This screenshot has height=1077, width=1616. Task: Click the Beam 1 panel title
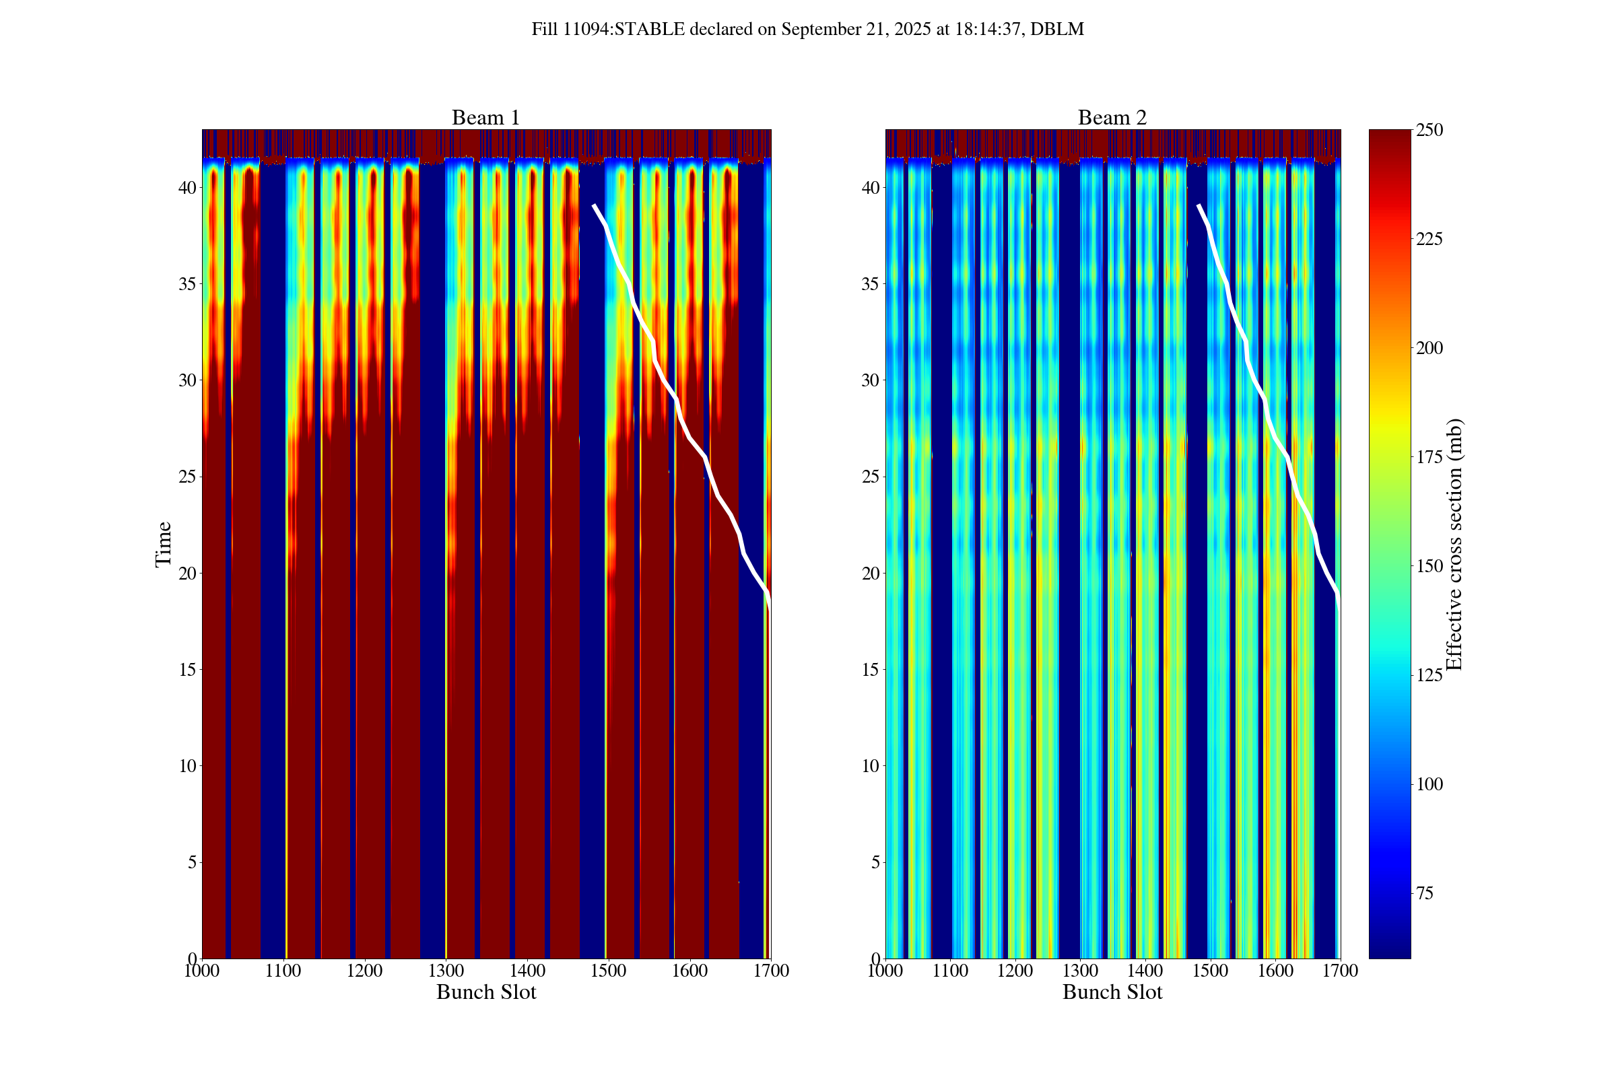click(x=485, y=117)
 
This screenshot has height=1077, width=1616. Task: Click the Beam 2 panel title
click(x=1112, y=117)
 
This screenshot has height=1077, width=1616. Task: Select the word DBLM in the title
click(x=1056, y=30)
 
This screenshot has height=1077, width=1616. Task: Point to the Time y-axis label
click(x=164, y=544)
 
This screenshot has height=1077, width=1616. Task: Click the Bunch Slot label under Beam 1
click(x=485, y=992)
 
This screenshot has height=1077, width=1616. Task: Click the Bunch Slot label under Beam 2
click(x=1112, y=992)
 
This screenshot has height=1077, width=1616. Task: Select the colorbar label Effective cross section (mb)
click(x=1454, y=544)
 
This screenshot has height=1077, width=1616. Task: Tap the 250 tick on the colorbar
click(x=1429, y=130)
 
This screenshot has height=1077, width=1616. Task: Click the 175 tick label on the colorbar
click(x=1429, y=457)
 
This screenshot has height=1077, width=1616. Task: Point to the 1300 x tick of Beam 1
click(x=446, y=971)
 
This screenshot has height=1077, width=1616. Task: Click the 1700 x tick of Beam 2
click(x=1340, y=971)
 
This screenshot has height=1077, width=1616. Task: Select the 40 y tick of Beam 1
click(x=188, y=188)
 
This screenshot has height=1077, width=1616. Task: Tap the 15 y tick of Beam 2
click(x=871, y=669)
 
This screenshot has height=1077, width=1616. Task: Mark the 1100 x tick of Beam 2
click(x=951, y=971)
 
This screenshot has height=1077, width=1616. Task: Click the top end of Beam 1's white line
click(x=595, y=205)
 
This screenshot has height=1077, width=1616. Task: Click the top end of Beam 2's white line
click(x=1199, y=205)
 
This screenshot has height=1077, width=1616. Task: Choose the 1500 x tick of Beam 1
click(x=609, y=971)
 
